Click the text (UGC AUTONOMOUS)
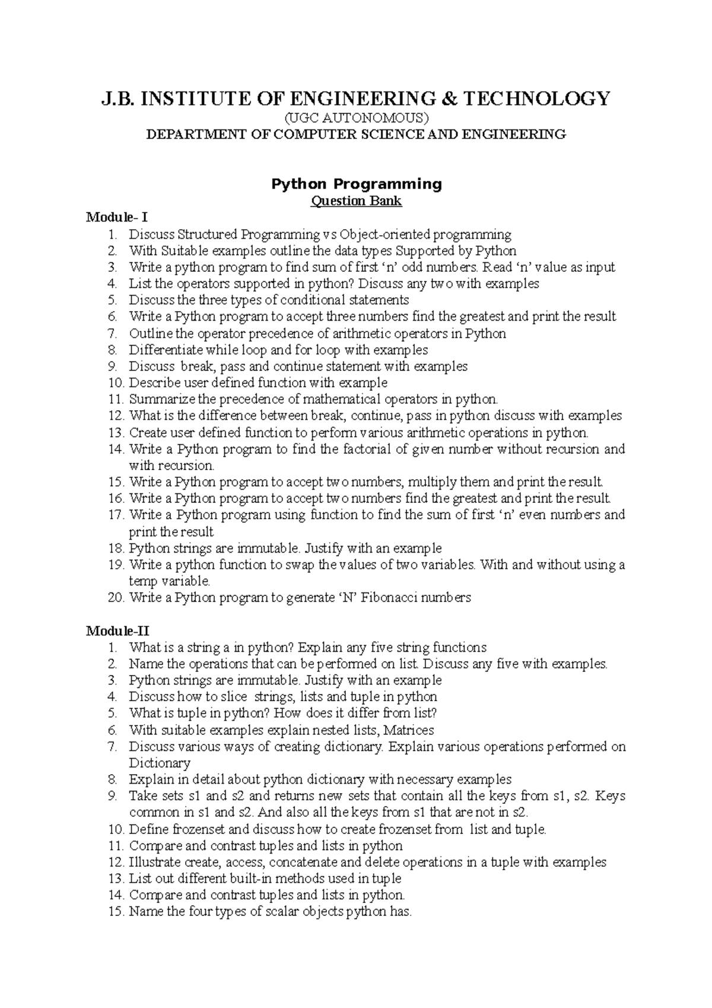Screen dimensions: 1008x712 (x=356, y=117)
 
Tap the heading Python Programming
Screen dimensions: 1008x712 (x=356, y=184)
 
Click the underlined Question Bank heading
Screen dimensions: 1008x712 (x=356, y=201)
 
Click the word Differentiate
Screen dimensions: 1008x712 (x=166, y=350)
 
